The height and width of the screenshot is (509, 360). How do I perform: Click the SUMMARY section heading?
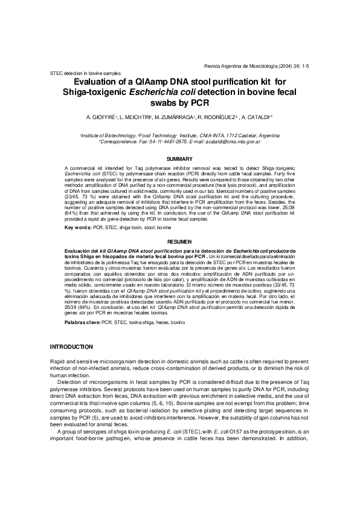click(179, 159)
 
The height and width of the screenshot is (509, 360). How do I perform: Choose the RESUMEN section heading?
click(179, 241)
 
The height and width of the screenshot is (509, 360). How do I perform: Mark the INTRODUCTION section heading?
click(71, 346)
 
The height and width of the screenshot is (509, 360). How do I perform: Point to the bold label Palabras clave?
click(83, 324)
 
